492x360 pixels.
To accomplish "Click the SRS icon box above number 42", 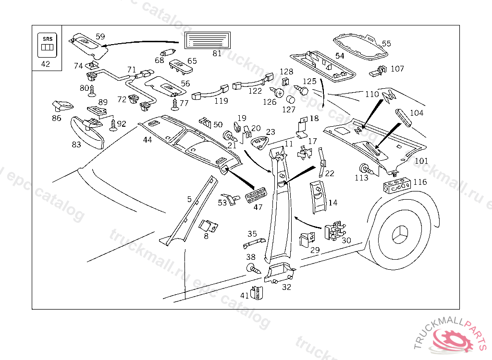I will [48, 44].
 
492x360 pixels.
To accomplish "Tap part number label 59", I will [100, 36].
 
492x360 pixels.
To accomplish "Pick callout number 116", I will [420, 182].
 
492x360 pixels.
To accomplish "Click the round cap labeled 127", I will [290, 100].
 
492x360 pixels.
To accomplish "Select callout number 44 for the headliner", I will [147, 140].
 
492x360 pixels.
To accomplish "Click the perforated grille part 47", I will [254, 196].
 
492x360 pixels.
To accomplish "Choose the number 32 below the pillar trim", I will [286, 287].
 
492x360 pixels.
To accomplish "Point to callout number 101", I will [421, 161].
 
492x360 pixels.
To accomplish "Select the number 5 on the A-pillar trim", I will [189, 199].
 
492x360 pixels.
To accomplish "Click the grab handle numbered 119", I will [209, 92].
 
